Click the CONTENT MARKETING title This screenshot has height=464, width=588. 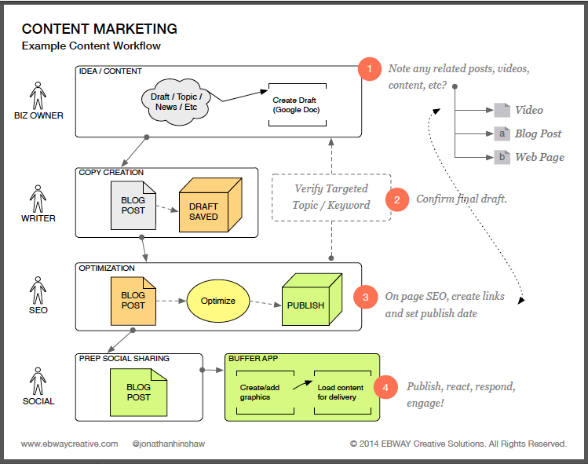99,29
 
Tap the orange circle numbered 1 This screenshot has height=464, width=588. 369,69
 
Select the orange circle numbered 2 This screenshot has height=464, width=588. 397,199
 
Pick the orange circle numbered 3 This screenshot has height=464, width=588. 364,298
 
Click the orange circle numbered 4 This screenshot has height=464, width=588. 385,387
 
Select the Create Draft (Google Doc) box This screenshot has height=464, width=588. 296,106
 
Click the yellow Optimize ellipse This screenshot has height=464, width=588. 217,301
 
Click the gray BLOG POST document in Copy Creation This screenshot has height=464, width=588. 133,205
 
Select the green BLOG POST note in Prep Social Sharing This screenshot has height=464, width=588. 138,391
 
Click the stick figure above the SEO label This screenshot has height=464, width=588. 38,290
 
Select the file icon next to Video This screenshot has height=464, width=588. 502,110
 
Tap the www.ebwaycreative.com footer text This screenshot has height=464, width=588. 70,444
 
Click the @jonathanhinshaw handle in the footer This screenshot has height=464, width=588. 170,444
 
